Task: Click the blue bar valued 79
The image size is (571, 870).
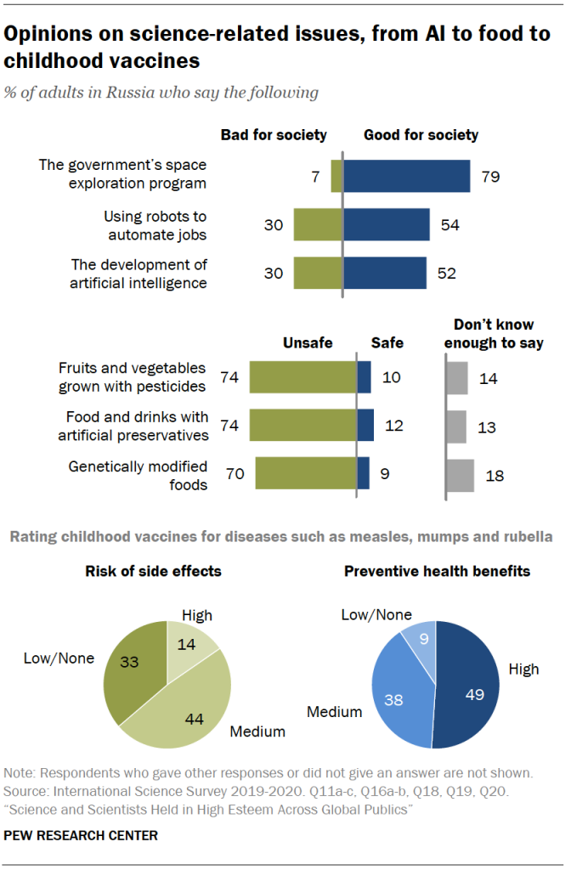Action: pos(406,176)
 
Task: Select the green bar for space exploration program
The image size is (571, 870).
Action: pos(336,176)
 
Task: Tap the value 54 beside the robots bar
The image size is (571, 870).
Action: pos(450,224)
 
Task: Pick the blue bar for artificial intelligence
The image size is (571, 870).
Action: pos(384,273)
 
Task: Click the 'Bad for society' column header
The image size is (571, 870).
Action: pos(274,135)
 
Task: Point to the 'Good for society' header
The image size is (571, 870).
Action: pos(421,135)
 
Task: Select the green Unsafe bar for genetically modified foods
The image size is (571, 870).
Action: pos(305,473)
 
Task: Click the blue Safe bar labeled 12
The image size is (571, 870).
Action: pos(365,425)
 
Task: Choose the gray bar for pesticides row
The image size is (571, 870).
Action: pos(456,376)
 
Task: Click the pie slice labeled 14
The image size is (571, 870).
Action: pos(189,643)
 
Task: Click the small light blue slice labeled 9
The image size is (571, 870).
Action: pos(421,640)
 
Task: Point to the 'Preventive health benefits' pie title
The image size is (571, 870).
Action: pos(437,572)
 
